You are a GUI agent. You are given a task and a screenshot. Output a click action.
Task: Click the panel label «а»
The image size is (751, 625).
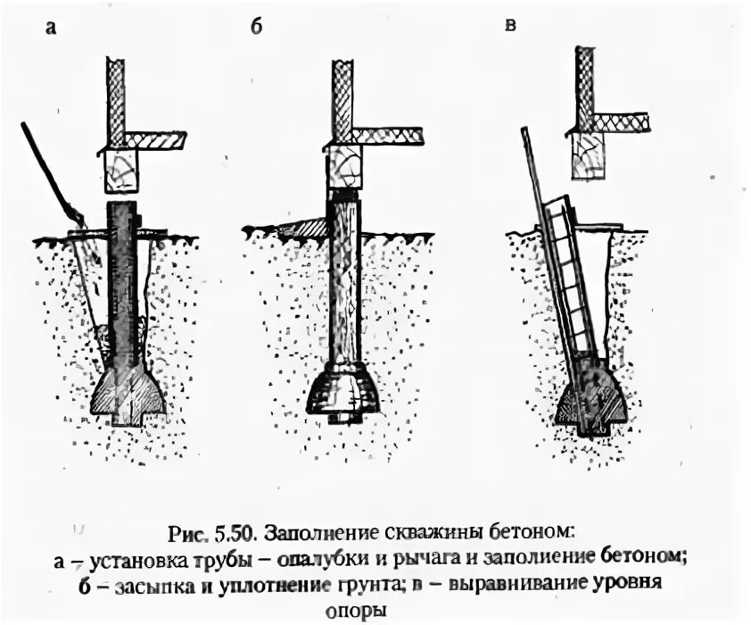[51, 28]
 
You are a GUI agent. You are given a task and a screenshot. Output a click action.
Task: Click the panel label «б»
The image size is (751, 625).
[255, 27]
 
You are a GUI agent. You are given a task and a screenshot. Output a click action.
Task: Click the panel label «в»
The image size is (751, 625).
[510, 24]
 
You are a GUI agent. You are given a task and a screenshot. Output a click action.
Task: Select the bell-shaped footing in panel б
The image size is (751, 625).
[342, 389]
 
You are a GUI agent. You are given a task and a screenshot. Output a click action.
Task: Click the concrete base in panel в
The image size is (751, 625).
[591, 397]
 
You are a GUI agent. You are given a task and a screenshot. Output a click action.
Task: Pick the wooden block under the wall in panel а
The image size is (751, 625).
[121, 170]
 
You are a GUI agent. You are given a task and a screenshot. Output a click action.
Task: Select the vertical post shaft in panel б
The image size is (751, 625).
[343, 277]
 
